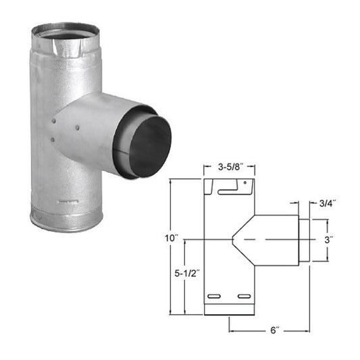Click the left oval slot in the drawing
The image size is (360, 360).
point(214,297)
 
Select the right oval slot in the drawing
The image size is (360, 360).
point(245,297)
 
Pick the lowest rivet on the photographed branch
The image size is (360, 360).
point(53,140)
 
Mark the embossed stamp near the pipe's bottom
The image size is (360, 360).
point(66,201)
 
